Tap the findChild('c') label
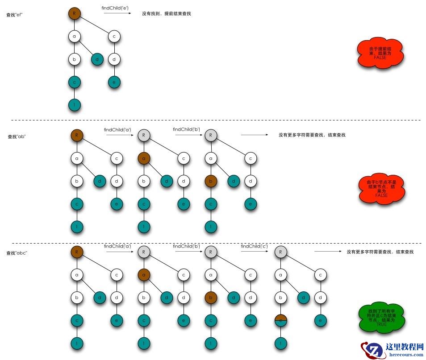coord(255,246)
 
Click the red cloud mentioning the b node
coord(381,189)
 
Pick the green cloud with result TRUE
coord(381,317)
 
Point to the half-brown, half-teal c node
coord(280,320)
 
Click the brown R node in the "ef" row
coord(75,13)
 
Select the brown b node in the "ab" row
coord(211,181)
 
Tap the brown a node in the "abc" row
coord(144,275)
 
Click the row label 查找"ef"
coord(15,15)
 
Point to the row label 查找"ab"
coord(17,137)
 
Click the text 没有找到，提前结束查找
coord(167,14)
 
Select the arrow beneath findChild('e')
coord(117,14)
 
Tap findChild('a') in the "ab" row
coord(117,130)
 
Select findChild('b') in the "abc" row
coord(186,246)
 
